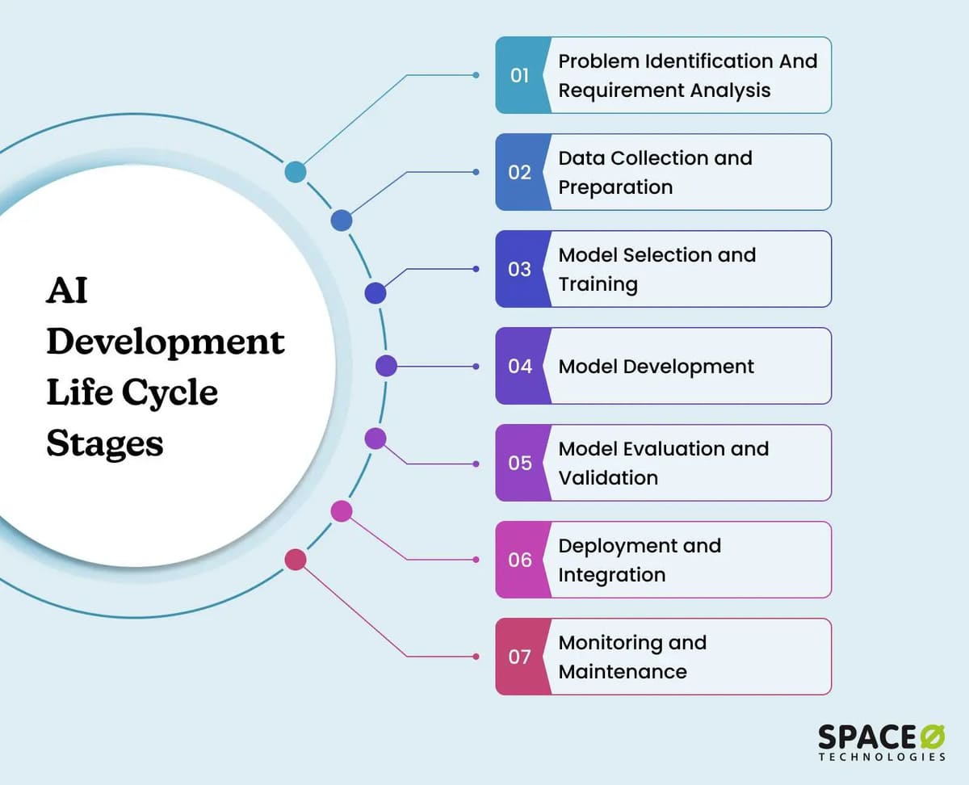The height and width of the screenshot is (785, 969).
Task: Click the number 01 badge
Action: tap(520, 75)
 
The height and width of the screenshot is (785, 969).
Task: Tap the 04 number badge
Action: tap(520, 366)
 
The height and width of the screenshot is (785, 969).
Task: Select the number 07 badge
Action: tap(520, 657)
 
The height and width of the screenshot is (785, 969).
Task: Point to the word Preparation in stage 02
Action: tap(615, 187)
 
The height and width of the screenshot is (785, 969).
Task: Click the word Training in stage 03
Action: tap(598, 284)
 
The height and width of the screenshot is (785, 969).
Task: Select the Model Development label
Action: tap(656, 367)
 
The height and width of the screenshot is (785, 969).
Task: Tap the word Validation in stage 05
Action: tap(608, 478)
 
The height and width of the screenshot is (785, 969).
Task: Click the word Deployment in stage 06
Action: tap(608, 546)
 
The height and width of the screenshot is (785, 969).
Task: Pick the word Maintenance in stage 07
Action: tap(623, 672)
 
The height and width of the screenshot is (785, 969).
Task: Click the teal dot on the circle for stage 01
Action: tap(296, 172)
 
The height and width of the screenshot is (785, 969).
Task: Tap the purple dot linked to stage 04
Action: tap(386, 366)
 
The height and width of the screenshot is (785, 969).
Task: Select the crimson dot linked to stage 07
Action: tap(296, 560)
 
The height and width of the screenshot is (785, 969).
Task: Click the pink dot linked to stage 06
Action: tap(342, 511)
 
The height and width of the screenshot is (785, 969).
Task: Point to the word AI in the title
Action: tap(66, 290)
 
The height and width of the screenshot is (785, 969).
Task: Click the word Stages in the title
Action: tap(104, 443)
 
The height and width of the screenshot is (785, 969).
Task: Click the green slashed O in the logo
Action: tap(933, 737)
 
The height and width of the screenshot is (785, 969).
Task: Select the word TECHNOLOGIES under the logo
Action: tap(882, 758)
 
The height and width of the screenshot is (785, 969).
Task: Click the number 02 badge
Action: tap(520, 172)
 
